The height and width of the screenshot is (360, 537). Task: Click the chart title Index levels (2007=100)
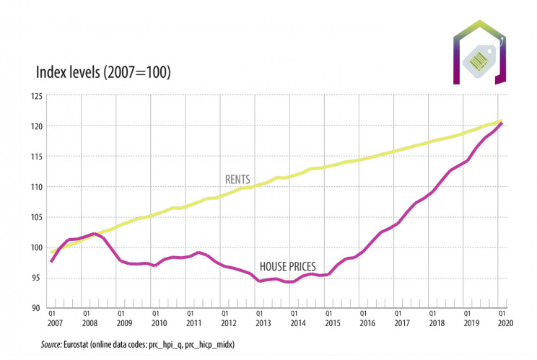pos(103,72)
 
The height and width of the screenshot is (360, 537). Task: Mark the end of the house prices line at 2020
pos(501,123)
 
